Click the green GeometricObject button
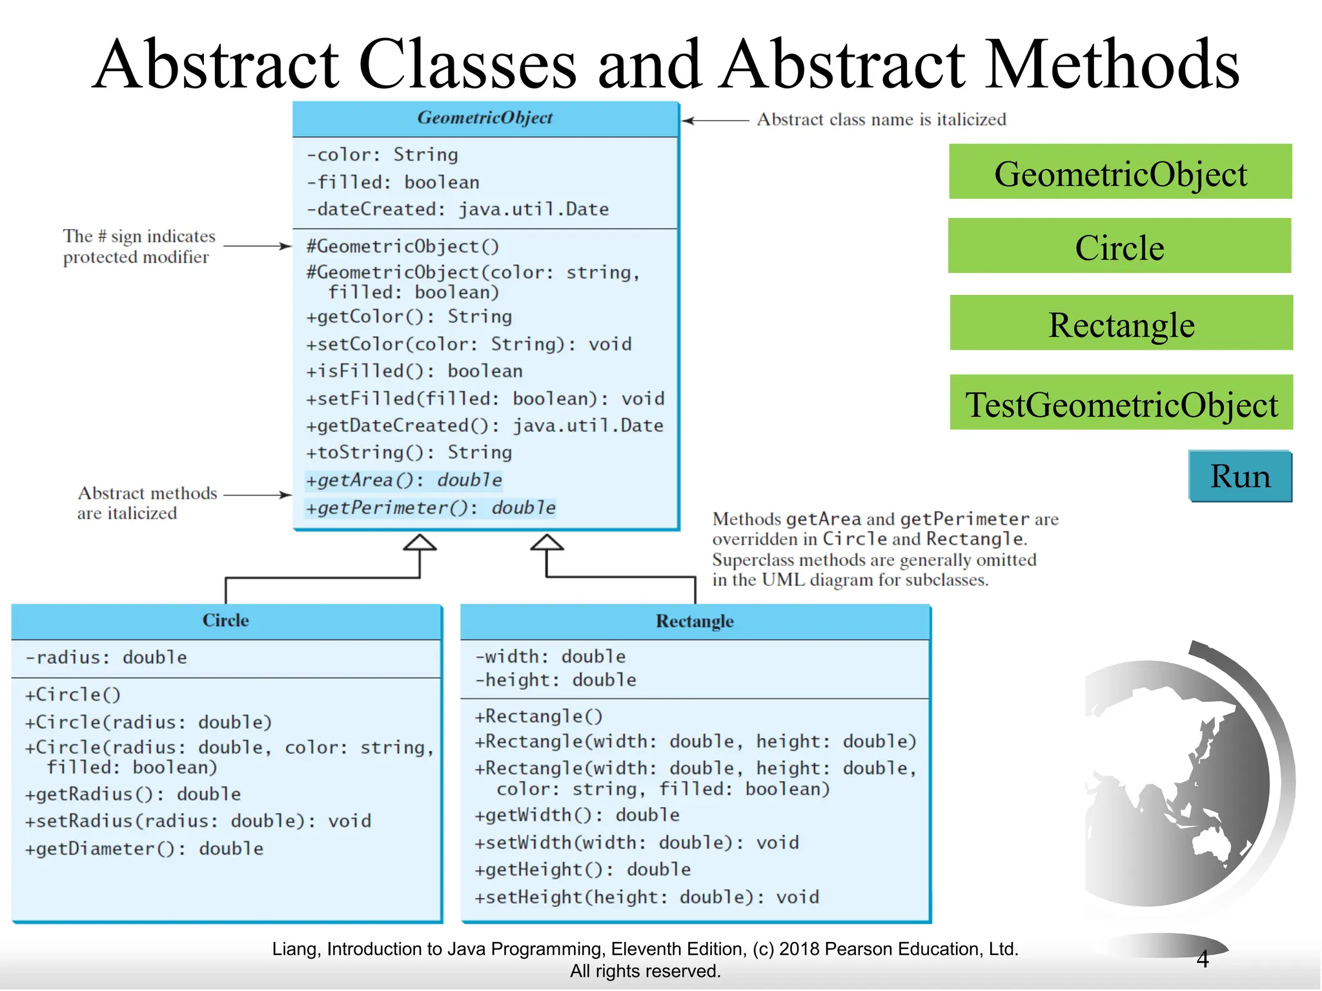click(x=1120, y=172)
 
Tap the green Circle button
click(x=1119, y=246)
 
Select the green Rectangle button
click(x=1121, y=323)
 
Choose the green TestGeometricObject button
click(x=1121, y=403)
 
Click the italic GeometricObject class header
click(x=485, y=118)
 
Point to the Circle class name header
click(x=225, y=621)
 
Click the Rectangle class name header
click(x=695, y=621)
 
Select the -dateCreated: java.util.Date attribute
click(x=457, y=210)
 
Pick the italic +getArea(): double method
click(x=403, y=480)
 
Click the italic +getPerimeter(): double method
click(x=430, y=508)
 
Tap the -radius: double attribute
click(x=106, y=657)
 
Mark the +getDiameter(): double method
click(x=144, y=849)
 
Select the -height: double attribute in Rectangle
click(x=555, y=680)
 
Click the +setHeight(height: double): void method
click(x=647, y=897)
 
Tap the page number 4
click(x=1203, y=959)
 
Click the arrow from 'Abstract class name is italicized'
click(x=715, y=120)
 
